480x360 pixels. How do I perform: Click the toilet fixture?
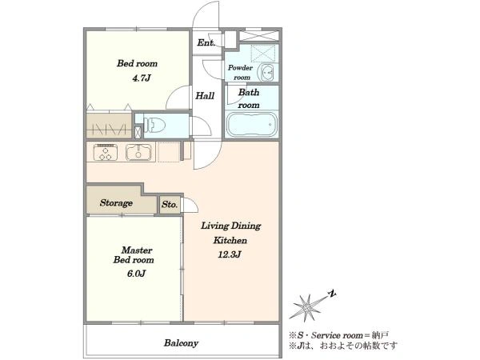(154, 125)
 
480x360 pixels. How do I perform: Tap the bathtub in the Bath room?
(251, 126)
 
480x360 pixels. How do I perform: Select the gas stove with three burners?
(106, 152)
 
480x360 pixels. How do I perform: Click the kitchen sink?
(138, 152)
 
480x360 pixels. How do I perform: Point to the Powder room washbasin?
(267, 73)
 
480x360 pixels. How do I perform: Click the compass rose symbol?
(306, 307)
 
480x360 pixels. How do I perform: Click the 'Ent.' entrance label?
(206, 43)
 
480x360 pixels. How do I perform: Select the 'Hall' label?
(205, 96)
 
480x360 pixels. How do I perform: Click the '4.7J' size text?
(142, 78)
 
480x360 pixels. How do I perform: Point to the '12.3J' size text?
(230, 254)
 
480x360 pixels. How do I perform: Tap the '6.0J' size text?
(136, 274)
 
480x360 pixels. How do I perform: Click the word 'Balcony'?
(181, 343)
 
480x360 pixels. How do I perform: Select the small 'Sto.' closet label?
(170, 204)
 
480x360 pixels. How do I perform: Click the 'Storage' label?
(116, 203)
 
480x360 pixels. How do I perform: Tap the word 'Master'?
(137, 250)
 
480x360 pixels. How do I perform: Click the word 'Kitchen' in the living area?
(230, 240)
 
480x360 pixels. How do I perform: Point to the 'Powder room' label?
(240, 73)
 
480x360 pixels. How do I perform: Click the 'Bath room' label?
(249, 98)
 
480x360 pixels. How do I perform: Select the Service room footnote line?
(339, 335)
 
